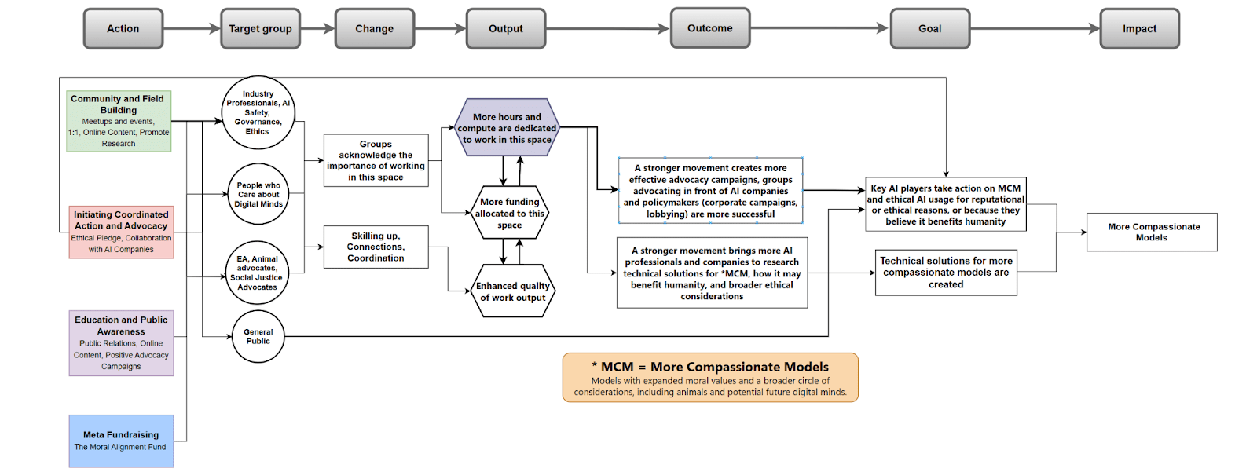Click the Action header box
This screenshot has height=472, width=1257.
123,29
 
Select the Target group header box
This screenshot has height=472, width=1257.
260,29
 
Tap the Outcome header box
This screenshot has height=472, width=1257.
710,28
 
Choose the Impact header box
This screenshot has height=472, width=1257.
1139,29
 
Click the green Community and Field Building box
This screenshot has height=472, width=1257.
119,121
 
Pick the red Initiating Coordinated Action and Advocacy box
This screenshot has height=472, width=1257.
121,232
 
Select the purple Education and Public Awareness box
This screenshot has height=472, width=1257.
121,343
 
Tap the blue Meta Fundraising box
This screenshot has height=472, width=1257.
121,441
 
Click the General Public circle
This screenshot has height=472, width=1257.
258,337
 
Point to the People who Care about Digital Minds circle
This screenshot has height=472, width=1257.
258,195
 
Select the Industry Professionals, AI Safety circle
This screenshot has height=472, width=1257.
258,113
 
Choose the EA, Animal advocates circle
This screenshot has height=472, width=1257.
257,273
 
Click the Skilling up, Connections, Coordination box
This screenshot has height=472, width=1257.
376,247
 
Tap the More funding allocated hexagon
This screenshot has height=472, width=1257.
510,213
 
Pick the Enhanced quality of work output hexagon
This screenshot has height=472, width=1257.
512,291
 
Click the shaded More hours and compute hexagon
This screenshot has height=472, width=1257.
507,128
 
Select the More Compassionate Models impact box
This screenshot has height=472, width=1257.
1152,232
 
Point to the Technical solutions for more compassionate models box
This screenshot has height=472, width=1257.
946,273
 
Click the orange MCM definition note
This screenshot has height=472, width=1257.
710,378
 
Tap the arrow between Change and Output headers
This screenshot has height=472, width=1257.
440,29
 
